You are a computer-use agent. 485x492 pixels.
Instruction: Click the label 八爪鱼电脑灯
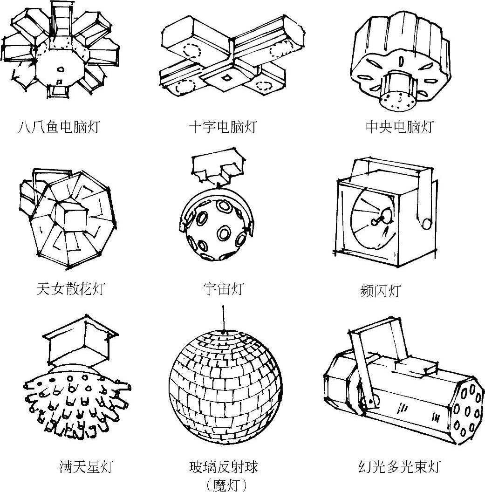pyautogui.click(x=59, y=126)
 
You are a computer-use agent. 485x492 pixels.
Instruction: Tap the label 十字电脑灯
pyautogui.click(x=223, y=126)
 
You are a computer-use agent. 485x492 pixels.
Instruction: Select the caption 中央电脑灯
pyautogui.click(x=399, y=126)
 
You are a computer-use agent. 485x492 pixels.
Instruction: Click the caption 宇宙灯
pyautogui.click(x=223, y=288)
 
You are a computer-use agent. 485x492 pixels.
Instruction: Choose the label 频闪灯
pyautogui.click(x=380, y=291)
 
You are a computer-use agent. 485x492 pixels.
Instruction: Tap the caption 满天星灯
pyautogui.click(x=86, y=465)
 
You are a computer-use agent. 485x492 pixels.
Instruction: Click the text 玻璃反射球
pyautogui.click(x=224, y=466)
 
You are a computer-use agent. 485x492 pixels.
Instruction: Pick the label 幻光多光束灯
pyautogui.click(x=399, y=466)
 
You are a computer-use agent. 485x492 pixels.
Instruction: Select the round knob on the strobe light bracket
pyautogui.click(x=426, y=224)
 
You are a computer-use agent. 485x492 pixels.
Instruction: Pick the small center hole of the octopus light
pyautogui.click(x=60, y=70)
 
